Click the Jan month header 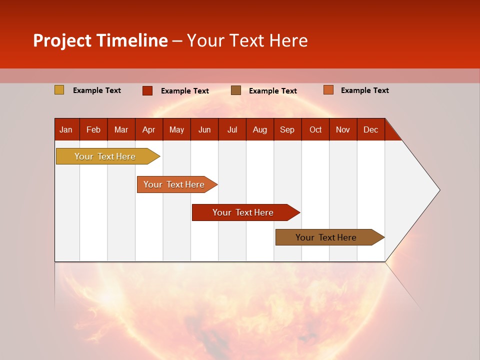(x=66, y=129)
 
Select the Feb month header (x=93, y=129)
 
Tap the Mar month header (x=121, y=129)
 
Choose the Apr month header (x=148, y=129)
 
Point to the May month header (x=176, y=129)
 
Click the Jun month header (x=204, y=129)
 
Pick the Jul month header (x=232, y=129)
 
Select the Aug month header (x=259, y=129)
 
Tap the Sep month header (x=287, y=129)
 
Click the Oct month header (x=315, y=129)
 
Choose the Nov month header (x=343, y=129)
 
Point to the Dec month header (x=370, y=129)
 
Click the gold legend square (x=59, y=90)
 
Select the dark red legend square (x=147, y=90)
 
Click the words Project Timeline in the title (x=100, y=40)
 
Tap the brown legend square (x=236, y=90)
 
